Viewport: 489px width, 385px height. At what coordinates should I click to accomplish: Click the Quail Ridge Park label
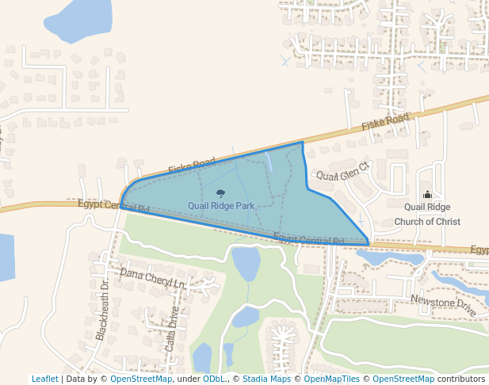pyautogui.click(x=221, y=206)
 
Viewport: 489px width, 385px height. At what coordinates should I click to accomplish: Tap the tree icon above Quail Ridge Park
pyautogui.click(x=220, y=193)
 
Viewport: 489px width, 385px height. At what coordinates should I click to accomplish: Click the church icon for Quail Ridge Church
pyautogui.click(x=427, y=195)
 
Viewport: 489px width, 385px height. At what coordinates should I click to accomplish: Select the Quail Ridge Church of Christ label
pyautogui.click(x=427, y=215)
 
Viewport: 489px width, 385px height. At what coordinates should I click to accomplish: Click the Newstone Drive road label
pyautogui.click(x=443, y=305)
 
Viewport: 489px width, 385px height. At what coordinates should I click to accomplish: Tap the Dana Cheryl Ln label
pyautogui.click(x=152, y=278)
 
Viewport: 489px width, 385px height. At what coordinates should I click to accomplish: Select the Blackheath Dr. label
pyautogui.click(x=103, y=310)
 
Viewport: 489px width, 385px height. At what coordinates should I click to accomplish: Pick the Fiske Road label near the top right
pyautogui.click(x=385, y=121)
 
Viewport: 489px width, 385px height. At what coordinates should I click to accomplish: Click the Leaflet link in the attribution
pyautogui.click(x=44, y=379)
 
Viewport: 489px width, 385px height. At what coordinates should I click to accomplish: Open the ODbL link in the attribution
pyautogui.click(x=213, y=379)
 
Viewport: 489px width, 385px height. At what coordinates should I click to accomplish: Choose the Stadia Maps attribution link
pyautogui.click(x=266, y=379)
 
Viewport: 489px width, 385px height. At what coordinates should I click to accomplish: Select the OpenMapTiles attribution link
pyautogui.click(x=328, y=379)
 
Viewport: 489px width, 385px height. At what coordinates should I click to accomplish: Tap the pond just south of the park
pyautogui.click(x=246, y=262)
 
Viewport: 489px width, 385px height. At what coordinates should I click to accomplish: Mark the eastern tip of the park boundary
pyautogui.click(x=369, y=243)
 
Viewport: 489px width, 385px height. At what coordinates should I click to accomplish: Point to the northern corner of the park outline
pyautogui.click(x=303, y=143)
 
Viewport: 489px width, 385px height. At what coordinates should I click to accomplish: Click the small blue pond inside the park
pyautogui.click(x=269, y=162)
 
